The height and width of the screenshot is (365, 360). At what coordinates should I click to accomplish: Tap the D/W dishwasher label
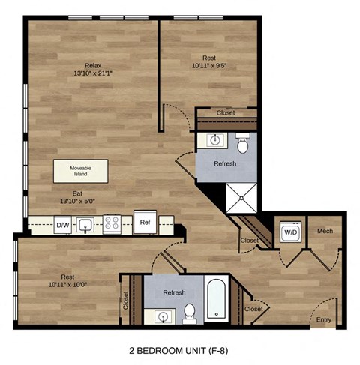pyautogui.click(x=62, y=223)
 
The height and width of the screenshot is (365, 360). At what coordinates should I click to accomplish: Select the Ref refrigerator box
pyautogui.click(x=144, y=221)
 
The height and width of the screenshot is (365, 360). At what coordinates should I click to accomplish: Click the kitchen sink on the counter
pyautogui.click(x=88, y=223)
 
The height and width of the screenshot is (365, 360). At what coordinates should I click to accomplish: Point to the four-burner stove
pyautogui.click(x=112, y=223)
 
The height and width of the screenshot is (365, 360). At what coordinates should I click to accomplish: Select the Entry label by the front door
pyautogui.click(x=324, y=320)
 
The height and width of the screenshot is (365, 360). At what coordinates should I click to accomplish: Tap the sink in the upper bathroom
pyautogui.click(x=214, y=139)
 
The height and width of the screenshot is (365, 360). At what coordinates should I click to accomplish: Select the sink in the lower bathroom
pyautogui.click(x=161, y=316)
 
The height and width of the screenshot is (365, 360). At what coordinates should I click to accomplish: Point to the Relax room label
pyautogui.click(x=93, y=65)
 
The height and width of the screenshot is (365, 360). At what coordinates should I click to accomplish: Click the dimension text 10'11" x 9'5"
pyautogui.click(x=211, y=66)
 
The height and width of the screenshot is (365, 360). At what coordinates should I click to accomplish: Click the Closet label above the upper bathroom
pyautogui.click(x=226, y=112)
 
